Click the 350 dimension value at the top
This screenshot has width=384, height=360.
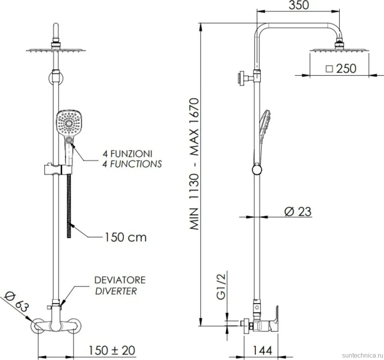[298, 5]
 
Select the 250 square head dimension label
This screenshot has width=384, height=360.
[341, 69]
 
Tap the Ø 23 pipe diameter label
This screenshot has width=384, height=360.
[298, 211]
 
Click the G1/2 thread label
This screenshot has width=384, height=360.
[221, 286]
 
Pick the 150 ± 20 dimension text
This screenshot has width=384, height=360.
[112, 350]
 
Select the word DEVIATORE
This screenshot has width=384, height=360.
[120, 280]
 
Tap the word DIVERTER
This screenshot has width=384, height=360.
[116, 291]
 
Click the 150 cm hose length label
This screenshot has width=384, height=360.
[125, 237]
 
